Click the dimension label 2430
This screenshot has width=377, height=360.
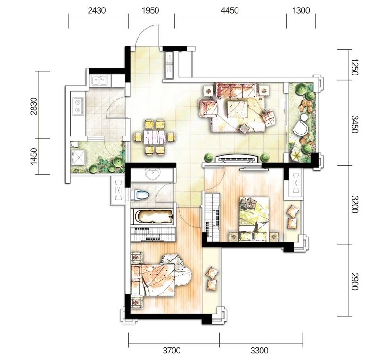pyautogui.click(x=97, y=10)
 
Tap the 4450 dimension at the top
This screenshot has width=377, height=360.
pyautogui.click(x=230, y=10)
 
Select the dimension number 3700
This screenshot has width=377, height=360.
pyautogui.click(x=172, y=351)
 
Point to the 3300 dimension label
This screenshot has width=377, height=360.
pyautogui.click(x=259, y=351)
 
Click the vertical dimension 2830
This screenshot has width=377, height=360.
pyautogui.click(x=34, y=106)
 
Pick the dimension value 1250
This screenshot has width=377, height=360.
pyautogui.click(x=355, y=67)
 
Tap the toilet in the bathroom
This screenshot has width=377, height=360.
pyautogui.click(x=140, y=194)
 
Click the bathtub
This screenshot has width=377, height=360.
pyautogui.click(x=152, y=216)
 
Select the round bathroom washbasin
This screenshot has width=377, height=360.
pyautogui.click(x=152, y=174)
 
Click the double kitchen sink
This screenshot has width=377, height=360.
pyautogui.click(x=100, y=81)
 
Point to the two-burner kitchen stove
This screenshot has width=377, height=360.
pyautogui.click(x=78, y=107)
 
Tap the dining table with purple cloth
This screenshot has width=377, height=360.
pyautogui.click(x=154, y=137)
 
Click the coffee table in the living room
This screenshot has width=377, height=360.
pyautogui.click(x=238, y=109)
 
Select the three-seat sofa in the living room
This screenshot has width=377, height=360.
pyautogui.click(x=236, y=90)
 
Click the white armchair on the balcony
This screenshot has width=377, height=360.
pyautogui.click(x=300, y=127)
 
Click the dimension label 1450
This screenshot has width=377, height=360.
pyautogui.click(x=34, y=157)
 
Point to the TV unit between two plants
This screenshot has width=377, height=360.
pyautogui.click(x=237, y=159)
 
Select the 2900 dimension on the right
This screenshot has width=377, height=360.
pyautogui.click(x=355, y=281)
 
